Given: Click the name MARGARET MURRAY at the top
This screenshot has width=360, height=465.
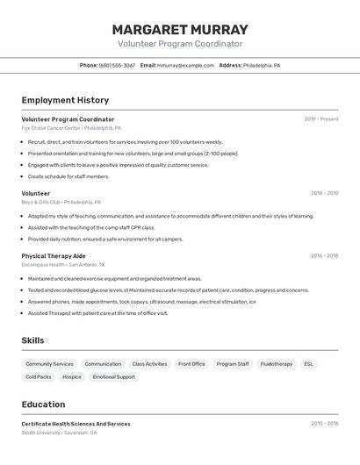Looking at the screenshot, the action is point(180,29).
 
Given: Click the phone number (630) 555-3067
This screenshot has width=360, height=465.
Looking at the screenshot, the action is point(117,65).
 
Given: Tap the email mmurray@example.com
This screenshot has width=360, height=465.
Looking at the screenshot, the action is point(185,65).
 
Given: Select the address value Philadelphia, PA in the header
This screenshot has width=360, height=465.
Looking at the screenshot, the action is point(262,65).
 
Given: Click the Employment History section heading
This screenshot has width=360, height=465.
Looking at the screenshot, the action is point(65,100).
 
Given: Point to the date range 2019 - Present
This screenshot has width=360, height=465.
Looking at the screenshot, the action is point(321,119).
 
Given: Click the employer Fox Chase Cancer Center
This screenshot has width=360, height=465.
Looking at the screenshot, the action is point(51,128).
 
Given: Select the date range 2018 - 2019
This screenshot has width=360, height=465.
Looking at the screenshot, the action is point(324,193).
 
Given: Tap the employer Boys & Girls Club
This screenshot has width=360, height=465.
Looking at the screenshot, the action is point(47,202).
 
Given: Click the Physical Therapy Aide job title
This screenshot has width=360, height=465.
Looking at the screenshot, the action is point(54,256).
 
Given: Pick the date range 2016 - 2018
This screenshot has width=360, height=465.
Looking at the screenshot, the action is point(324,256).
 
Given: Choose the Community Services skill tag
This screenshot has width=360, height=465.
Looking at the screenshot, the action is point(49,363).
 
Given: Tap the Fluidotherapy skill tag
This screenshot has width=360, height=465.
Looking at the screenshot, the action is point(277,363).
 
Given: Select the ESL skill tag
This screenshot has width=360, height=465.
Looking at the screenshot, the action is point(308,363).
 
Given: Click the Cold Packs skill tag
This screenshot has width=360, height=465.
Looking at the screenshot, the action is point(39,376).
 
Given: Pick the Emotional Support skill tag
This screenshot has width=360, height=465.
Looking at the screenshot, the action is point(114,376).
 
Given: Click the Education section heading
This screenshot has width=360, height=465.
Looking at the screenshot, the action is point(43,404).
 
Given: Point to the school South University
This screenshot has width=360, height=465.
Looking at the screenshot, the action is point(41,433).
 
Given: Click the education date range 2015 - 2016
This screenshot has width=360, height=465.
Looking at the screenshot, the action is point(324,424).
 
